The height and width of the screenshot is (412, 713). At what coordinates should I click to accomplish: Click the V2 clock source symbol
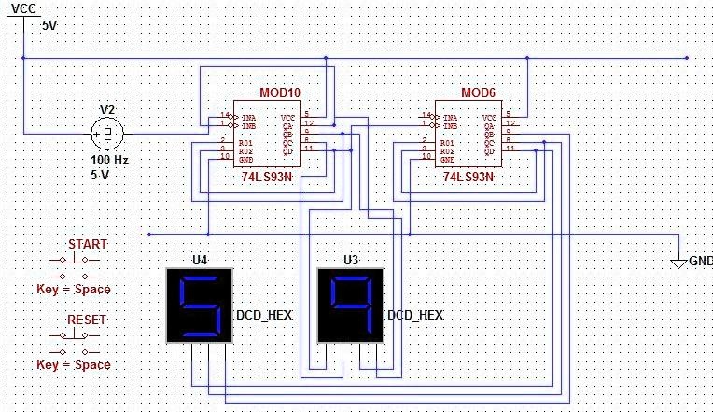point(106,135)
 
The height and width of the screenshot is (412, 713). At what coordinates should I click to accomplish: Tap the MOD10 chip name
point(280,92)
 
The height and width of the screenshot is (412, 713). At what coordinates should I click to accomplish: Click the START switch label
point(87,244)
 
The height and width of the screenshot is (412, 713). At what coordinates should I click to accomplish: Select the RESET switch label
point(87,320)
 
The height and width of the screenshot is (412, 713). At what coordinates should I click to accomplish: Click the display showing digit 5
point(200,304)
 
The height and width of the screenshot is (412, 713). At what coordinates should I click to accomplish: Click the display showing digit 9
point(350,304)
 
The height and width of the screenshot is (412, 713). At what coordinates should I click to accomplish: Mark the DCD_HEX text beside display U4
point(264,316)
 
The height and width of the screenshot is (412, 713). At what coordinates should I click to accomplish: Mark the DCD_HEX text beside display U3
point(414,316)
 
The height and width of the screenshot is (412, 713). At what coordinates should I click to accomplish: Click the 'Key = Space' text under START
point(74,290)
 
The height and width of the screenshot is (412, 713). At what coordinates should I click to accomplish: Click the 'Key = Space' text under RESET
point(74,364)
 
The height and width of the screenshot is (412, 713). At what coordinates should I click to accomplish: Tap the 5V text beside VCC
point(49,25)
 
